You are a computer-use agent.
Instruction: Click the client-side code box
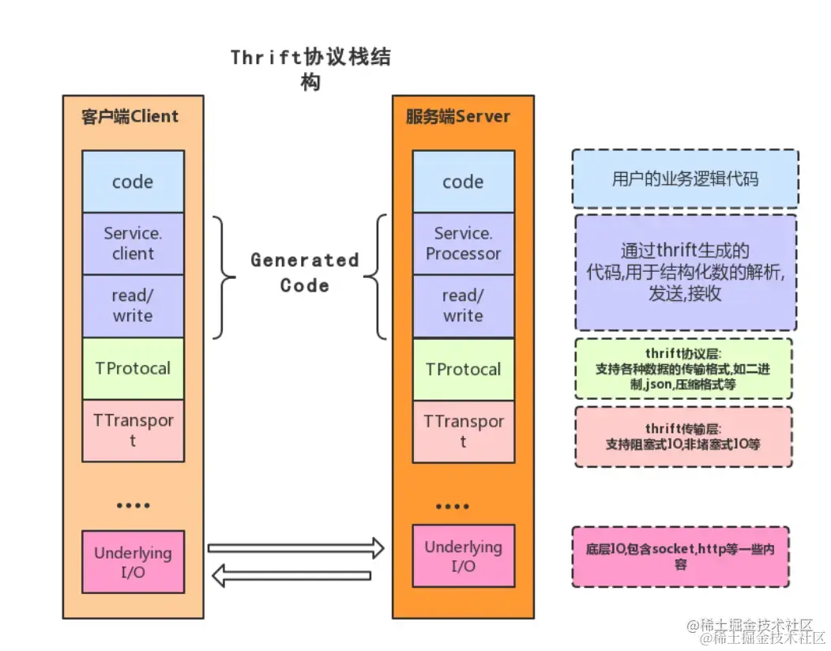pyautogui.click(x=133, y=182)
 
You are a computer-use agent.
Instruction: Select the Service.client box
pyautogui.click(x=133, y=243)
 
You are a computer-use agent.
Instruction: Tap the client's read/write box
pyautogui.click(x=133, y=306)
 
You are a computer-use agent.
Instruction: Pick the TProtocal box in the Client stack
pyautogui.click(x=133, y=368)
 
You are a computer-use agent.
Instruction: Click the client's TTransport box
pyautogui.click(x=133, y=431)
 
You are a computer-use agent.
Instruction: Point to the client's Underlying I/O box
pyautogui.click(x=133, y=562)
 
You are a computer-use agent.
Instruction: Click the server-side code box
pyautogui.click(x=463, y=182)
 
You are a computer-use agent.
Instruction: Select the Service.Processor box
pyautogui.click(x=463, y=243)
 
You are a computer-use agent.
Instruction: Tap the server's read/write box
pyautogui.click(x=463, y=306)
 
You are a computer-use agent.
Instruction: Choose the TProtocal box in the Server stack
pyautogui.click(x=463, y=369)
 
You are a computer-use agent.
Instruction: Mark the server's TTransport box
pyautogui.click(x=463, y=431)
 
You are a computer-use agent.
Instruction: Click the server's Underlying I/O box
pyautogui.click(x=464, y=556)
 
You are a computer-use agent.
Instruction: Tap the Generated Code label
pyautogui.click(x=304, y=273)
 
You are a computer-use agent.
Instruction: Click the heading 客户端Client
pyautogui.click(x=130, y=117)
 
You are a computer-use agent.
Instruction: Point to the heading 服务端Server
pyautogui.click(x=458, y=117)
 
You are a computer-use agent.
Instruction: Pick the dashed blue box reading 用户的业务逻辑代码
pyautogui.click(x=685, y=179)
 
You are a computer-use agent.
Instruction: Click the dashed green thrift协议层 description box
pyautogui.click(x=682, y=369)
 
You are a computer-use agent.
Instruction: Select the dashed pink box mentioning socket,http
pyautogui.click(x=680, y=555)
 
